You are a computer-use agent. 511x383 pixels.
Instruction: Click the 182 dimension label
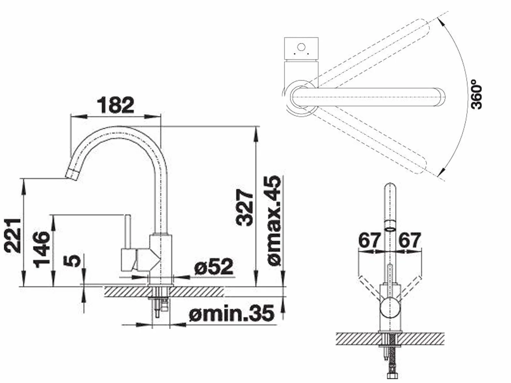116,105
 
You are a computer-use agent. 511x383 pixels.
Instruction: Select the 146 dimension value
41,249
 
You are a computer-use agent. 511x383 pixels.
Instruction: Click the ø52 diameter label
214,267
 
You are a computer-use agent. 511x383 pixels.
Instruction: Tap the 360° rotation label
476,97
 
